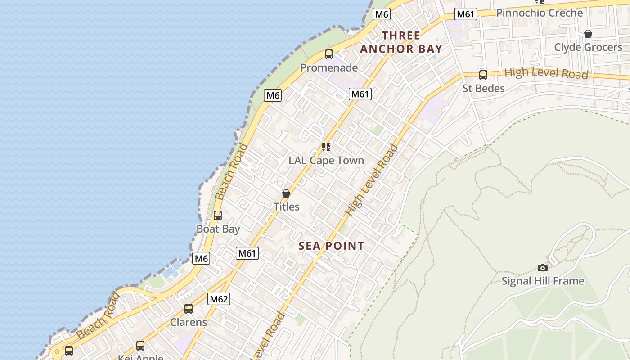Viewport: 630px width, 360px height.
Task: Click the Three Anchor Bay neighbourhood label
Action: pos(401,42)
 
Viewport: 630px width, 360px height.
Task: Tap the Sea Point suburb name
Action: pos(331,246)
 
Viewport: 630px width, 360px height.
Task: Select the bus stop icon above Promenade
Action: pos(329,54)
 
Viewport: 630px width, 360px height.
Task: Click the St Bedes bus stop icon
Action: pos(483,75)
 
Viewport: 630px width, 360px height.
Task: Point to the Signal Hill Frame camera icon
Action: pos(543,268)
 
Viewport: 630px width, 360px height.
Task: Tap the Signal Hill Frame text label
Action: pos(543,281)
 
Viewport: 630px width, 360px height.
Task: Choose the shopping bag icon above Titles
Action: pos(286,193)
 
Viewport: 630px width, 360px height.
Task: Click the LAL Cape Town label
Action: pos(326,160)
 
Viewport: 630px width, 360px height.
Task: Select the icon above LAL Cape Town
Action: pos(326,147)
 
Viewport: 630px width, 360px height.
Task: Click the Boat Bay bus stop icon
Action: pos(218,216)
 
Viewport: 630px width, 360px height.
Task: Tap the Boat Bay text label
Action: pos(218,229)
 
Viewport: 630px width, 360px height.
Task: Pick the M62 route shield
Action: pos(219,299)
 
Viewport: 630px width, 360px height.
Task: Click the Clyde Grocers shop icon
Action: pos(588,34)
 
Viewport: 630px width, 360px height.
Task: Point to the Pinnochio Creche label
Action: pos(539,13)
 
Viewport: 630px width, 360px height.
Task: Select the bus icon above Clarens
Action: pos(189,309)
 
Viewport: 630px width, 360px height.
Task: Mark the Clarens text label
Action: pos(189,322)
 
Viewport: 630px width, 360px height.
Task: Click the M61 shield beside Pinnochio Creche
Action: pos(465,14)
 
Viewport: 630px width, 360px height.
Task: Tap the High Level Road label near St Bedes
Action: pos(546,73)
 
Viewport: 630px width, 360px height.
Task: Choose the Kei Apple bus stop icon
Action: pos(140,346)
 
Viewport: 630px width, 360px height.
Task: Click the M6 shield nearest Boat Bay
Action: pos(201,258)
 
